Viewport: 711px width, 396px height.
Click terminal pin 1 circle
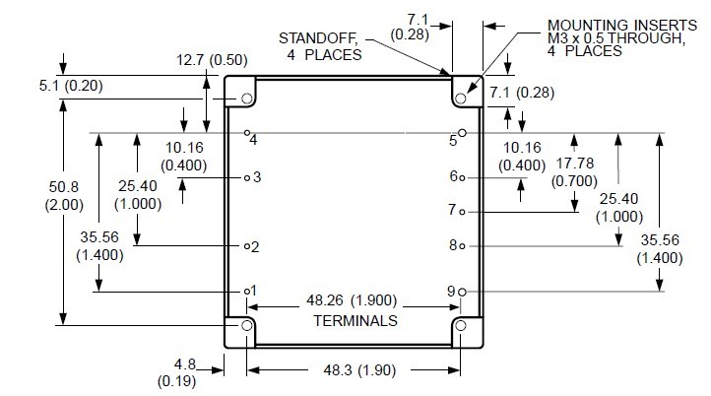click(247, 292)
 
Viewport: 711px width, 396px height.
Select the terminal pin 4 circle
click(247, 132)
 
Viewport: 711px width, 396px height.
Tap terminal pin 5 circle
click(462, 132)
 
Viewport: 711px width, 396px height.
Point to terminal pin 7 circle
click(462, 212)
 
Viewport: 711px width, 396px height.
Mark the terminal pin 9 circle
click(462, 292)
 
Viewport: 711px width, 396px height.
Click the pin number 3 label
click(256, 177)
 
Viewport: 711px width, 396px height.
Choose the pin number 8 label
click(452, 246)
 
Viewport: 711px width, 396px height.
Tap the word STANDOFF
click(311, 38)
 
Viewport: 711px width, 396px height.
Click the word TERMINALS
click(355, 321)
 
